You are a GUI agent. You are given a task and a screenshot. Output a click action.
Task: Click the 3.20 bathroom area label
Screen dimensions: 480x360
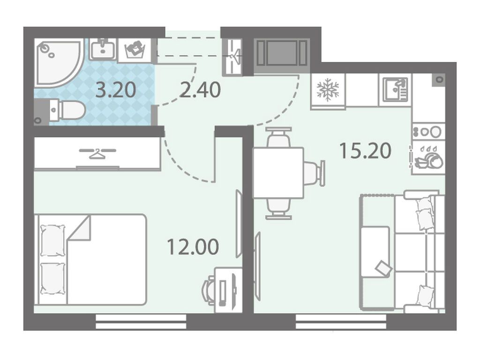click(116, 90)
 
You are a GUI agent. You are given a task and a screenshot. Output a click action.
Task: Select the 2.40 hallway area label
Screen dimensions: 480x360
click(200, 90)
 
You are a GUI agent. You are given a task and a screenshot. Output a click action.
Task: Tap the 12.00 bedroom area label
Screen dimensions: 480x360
click(193, 247)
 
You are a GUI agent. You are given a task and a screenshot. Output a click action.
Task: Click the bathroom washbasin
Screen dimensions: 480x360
click(103, 49)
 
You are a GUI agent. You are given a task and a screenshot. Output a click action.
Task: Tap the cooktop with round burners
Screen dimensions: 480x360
click(428, 132)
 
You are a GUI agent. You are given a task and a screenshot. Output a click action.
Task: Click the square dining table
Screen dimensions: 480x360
click(278, 172)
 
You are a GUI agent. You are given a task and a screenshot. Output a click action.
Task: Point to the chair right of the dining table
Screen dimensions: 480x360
click(314, 173)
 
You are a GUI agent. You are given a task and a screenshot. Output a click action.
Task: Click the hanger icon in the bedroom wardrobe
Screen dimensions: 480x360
click(97, 153)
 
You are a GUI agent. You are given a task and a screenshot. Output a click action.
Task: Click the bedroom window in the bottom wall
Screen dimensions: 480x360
click(141, 322)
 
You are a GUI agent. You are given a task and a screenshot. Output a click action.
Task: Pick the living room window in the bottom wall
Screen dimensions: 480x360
click(341, 322)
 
